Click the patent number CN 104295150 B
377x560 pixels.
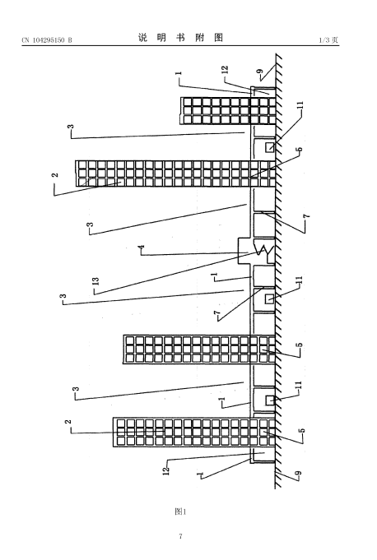tap(47, 40)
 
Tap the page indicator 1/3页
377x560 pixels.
tap(328, 40)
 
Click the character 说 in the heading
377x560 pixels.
tap(142, 38)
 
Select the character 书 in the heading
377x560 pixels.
tap(181, 38)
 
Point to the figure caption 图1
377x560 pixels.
tap(180, 511)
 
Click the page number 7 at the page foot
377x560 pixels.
tap(180, 536)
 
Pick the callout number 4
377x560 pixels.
tap(142, 247)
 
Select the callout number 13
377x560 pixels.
tap(95, 282)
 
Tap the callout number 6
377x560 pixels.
tap(300, 150)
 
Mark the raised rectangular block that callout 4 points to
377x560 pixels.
tap(246, 251)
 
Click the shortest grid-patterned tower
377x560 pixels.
tap(228, 111)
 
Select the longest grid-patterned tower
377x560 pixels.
tap(175, 174)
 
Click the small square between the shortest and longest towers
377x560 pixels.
tap(270, 147)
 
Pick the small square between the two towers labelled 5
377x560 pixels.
tap(270, 400)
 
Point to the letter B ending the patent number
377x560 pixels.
tap(70, 40)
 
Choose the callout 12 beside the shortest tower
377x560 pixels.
tap(225, 70)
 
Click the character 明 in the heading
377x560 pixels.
tap(161, 38)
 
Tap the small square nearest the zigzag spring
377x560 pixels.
tap(269, 299)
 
